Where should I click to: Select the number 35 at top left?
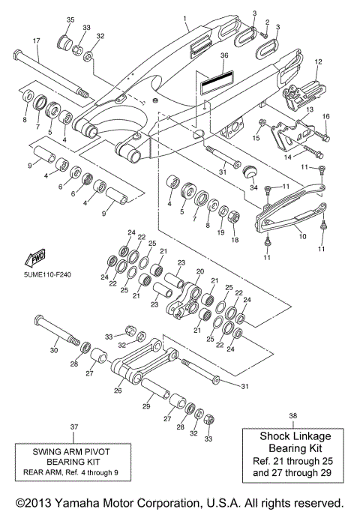[70, 19]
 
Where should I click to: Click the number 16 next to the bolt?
[326, 117]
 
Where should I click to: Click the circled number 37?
[74, 427]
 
